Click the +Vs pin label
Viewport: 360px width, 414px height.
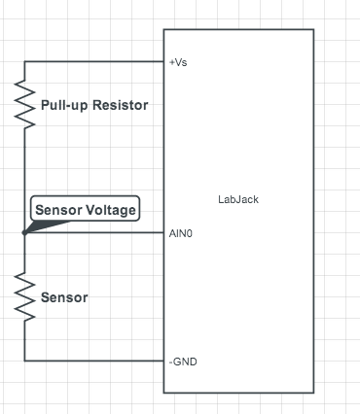click(177, 61)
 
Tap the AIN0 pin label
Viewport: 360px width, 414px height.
click(180, 233)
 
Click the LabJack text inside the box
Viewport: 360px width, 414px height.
click(238, 200)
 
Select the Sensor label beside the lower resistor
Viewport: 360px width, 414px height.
click(64, 297)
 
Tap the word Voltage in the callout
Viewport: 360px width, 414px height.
click(110, 209)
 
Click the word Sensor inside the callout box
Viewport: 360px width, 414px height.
click(58, 209)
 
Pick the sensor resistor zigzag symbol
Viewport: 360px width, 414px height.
click(24, 296)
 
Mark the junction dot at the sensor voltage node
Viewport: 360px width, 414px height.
click(24, 233)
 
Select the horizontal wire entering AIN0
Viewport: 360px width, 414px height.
click(97, 233)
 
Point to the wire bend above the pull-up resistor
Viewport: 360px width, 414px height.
click(24, 61)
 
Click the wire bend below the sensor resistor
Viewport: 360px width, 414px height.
click(24, 361)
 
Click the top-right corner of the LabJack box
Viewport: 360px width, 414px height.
click(313, 29)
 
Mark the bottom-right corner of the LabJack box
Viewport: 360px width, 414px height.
click(313, 392)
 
